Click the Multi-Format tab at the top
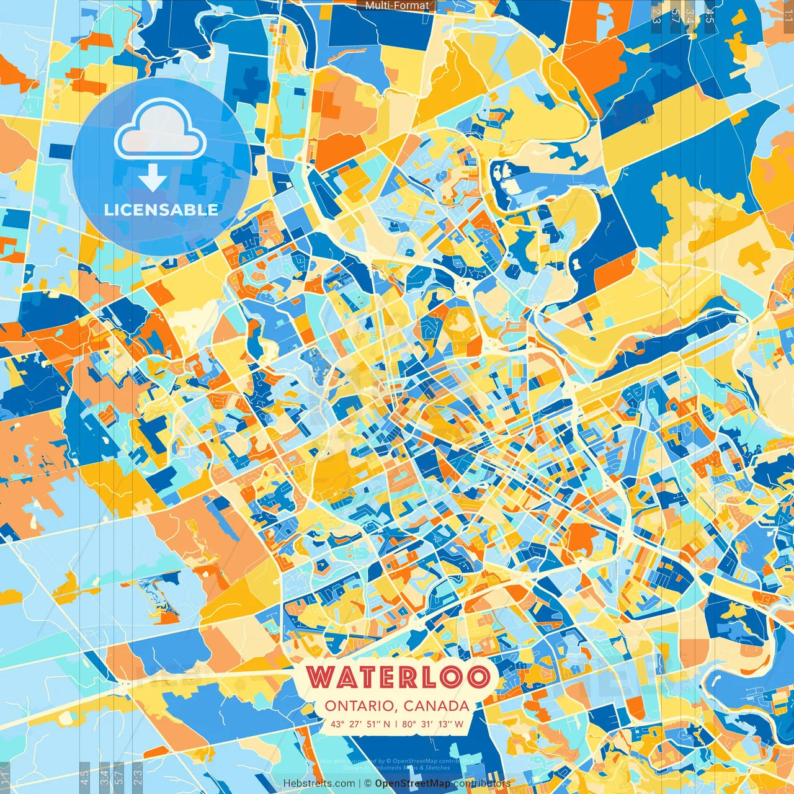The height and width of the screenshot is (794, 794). pyautogui.click(x=397, y=6)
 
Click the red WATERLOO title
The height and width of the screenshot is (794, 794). pyautogui.click(x=397, y=677)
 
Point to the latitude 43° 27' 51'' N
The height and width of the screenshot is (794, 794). pyautogui.click(x=360, y=723)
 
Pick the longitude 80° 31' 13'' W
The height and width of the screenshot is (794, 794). pyautogui.click(x=432, y=723)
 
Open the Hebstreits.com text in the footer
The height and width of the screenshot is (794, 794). pyautogui.click(x=319, y=783)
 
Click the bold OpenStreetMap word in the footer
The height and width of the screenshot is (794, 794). pyautogui.click(x=413, y=783)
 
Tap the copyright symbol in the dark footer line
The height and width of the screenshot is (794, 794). pyautogui.click(x=368, y=783)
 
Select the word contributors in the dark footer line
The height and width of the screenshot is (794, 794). pyautogui.click(x=481, y=783)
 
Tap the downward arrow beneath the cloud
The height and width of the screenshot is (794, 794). pyautogui.click(x=153, y=179)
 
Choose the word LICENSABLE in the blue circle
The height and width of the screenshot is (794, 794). pyautogui.click(x=161, y=210)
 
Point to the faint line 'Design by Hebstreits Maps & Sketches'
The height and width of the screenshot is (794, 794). pyautogui.click(x=397, y=767)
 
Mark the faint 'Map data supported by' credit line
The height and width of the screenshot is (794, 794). pyautogui.click(x=397, y=761)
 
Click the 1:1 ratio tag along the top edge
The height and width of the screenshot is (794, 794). pyautogui.click(x=787, y=12)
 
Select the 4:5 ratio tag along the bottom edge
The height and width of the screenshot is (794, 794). pyautogui.click(x=84, y=775)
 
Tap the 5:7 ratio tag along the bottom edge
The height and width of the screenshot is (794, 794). pyautogui.click(x=119, y=775)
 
